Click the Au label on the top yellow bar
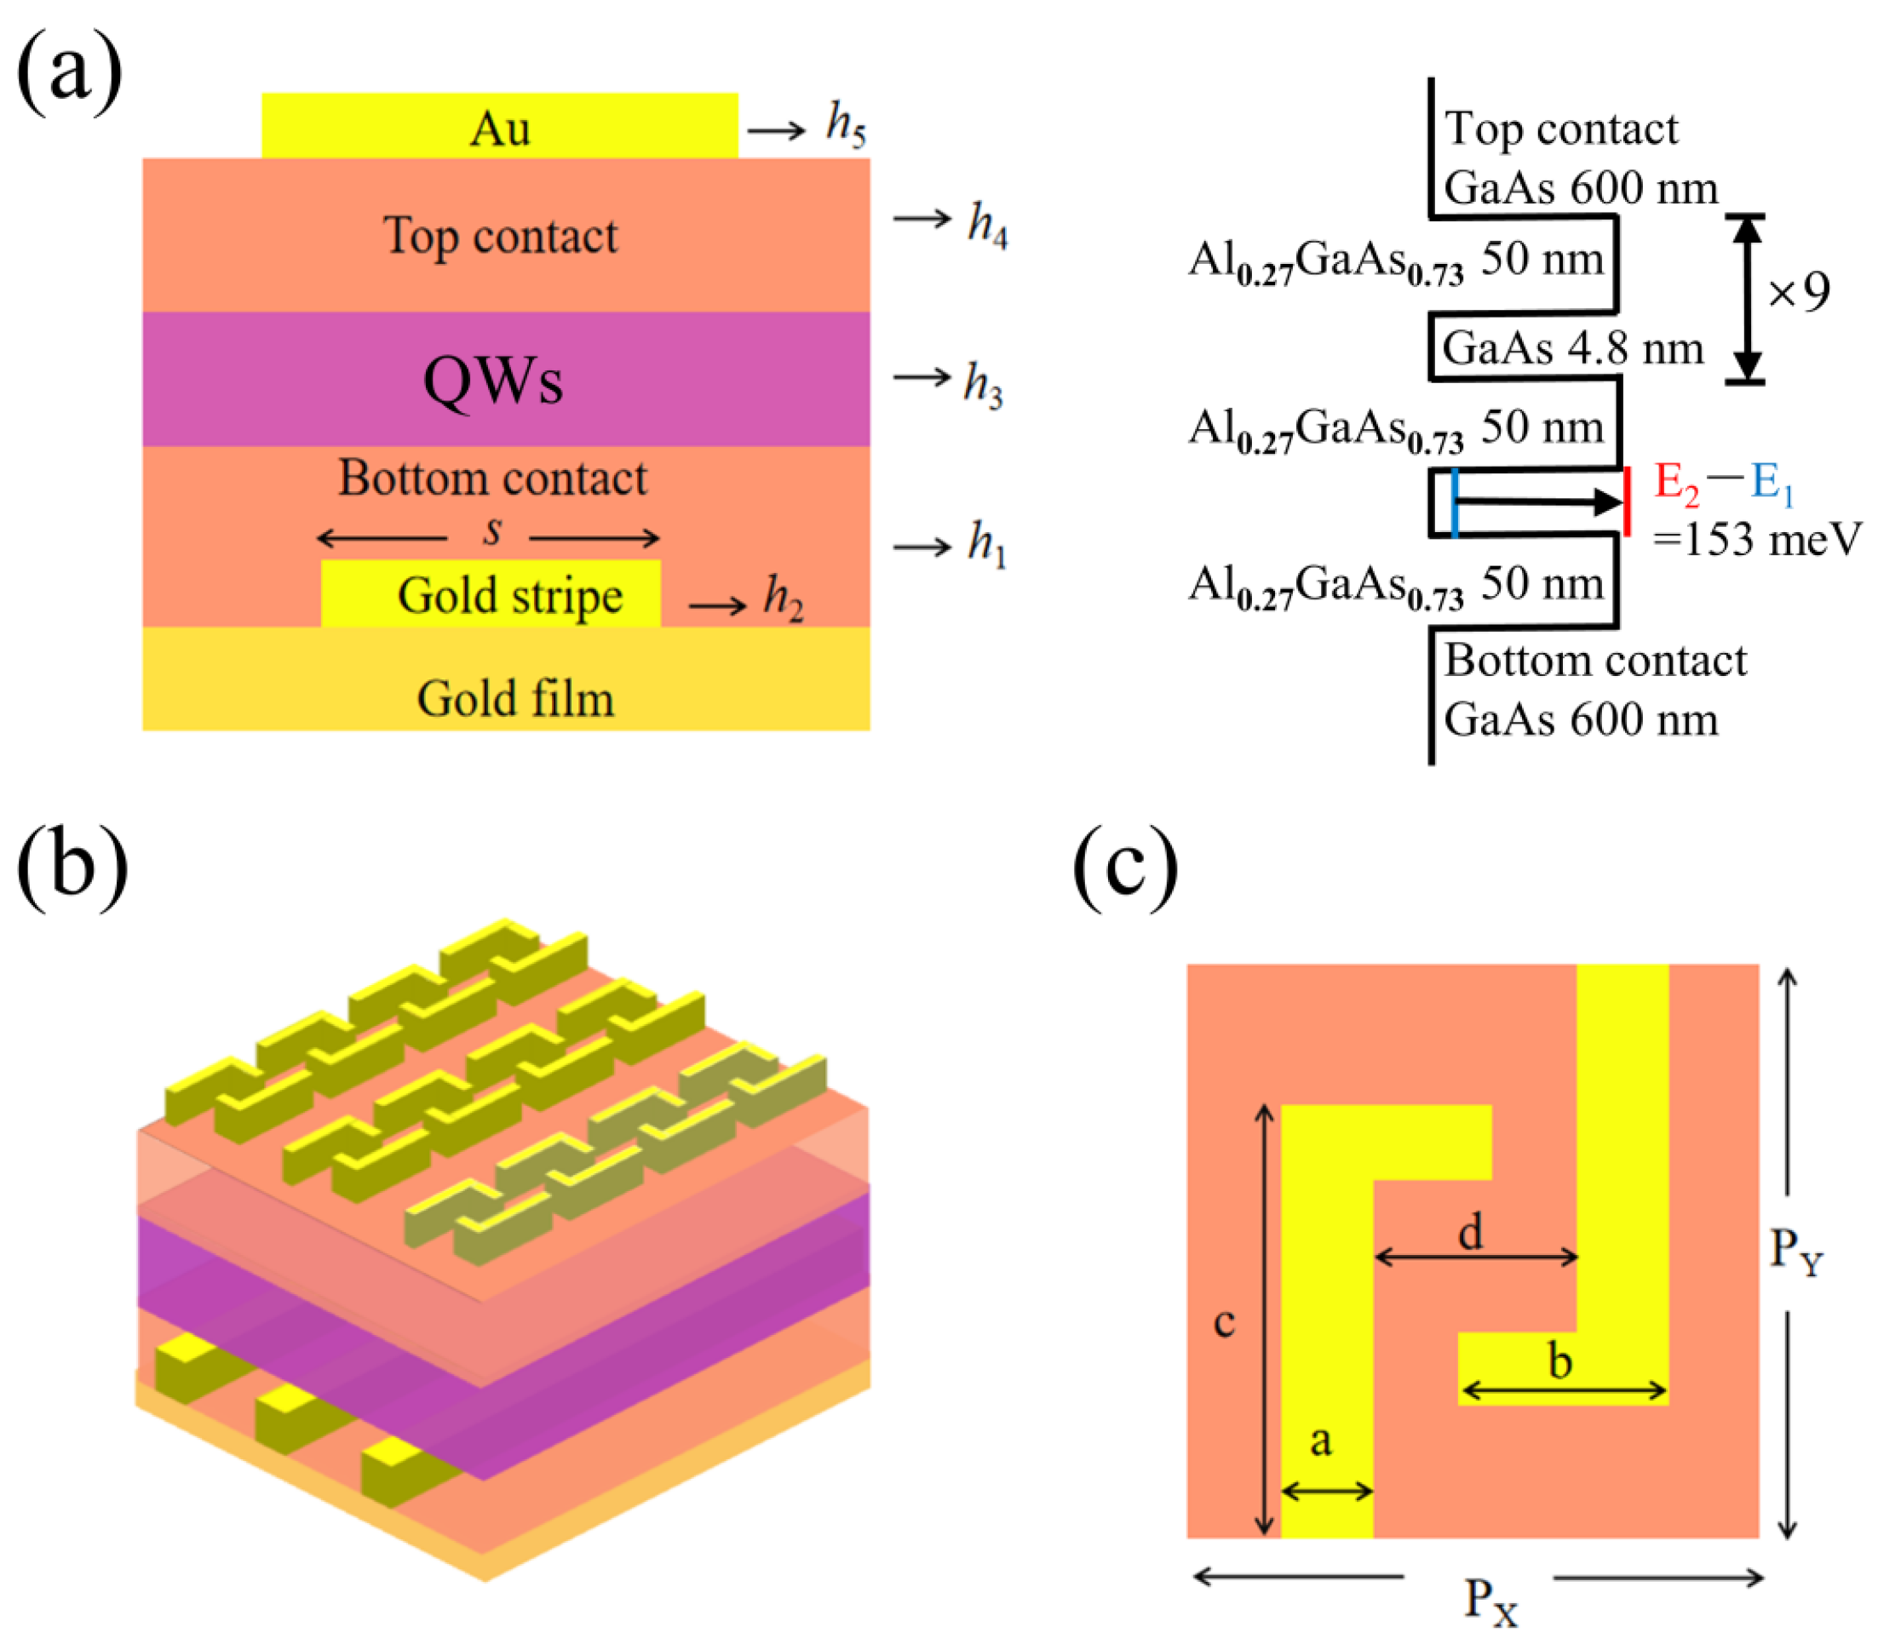500,128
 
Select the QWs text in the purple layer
492,381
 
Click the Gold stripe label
510,595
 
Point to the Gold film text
515,698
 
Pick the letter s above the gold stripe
493,531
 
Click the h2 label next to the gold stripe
783,599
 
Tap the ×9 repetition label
1799,292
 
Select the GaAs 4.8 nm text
1572,348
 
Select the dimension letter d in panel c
1471,1231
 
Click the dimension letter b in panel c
1559,1361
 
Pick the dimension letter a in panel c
1320,1441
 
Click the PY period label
1795,1252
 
